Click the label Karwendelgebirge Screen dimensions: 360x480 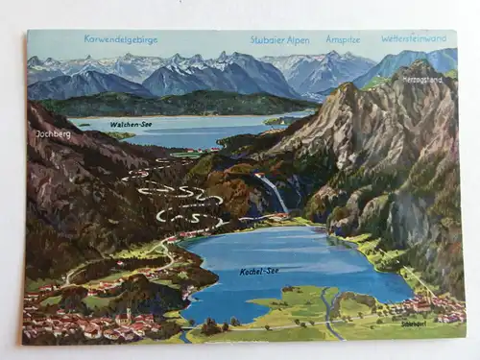tap(120, 40)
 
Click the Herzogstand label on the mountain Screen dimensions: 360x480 tap(421, 78)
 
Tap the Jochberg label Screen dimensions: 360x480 tap(53, 134)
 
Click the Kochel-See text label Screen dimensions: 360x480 tap(259, 272)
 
